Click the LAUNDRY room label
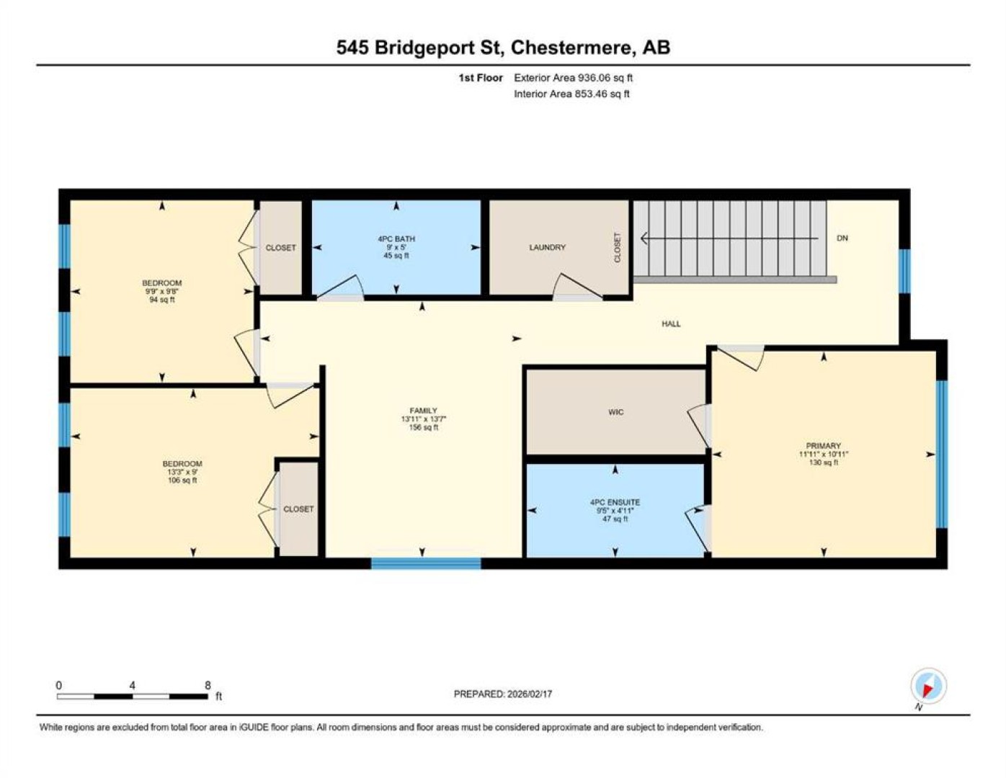click(547, 248)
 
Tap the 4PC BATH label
click(396, 239)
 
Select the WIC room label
click(615, 412)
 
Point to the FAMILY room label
click(423, 411)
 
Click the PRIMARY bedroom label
click(823, 446)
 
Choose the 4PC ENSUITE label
click(615, 502)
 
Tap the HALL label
click(671, 324)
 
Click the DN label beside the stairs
click(842, 238)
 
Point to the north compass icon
click(928, 686)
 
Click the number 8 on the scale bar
click(208, 685)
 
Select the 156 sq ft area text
click(423, 427)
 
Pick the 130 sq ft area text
click(823, 462)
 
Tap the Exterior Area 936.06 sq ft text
click(573, 78)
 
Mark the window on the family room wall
click(426, 563)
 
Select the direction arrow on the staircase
click(729, 238)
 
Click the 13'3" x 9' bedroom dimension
click(182, 472)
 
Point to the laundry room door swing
click(577, 285)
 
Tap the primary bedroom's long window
click(942, 454)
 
